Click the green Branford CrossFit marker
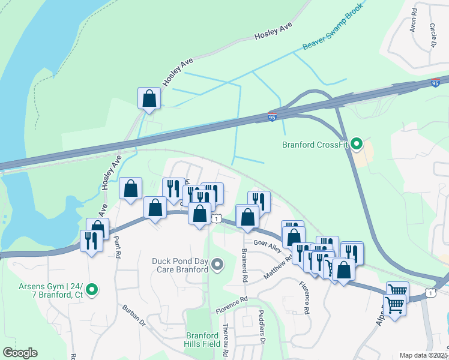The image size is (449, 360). click(x=357, y=143)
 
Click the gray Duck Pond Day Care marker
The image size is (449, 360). click(x=217, y=264)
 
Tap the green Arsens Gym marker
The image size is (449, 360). click(x=92, y=290)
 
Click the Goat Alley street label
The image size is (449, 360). click(x=267, y=245)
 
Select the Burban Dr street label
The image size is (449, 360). click(x=134, y=318)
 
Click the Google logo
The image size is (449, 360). click(x=20, y=353)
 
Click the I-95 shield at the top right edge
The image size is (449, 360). click(x=435, y=83)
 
